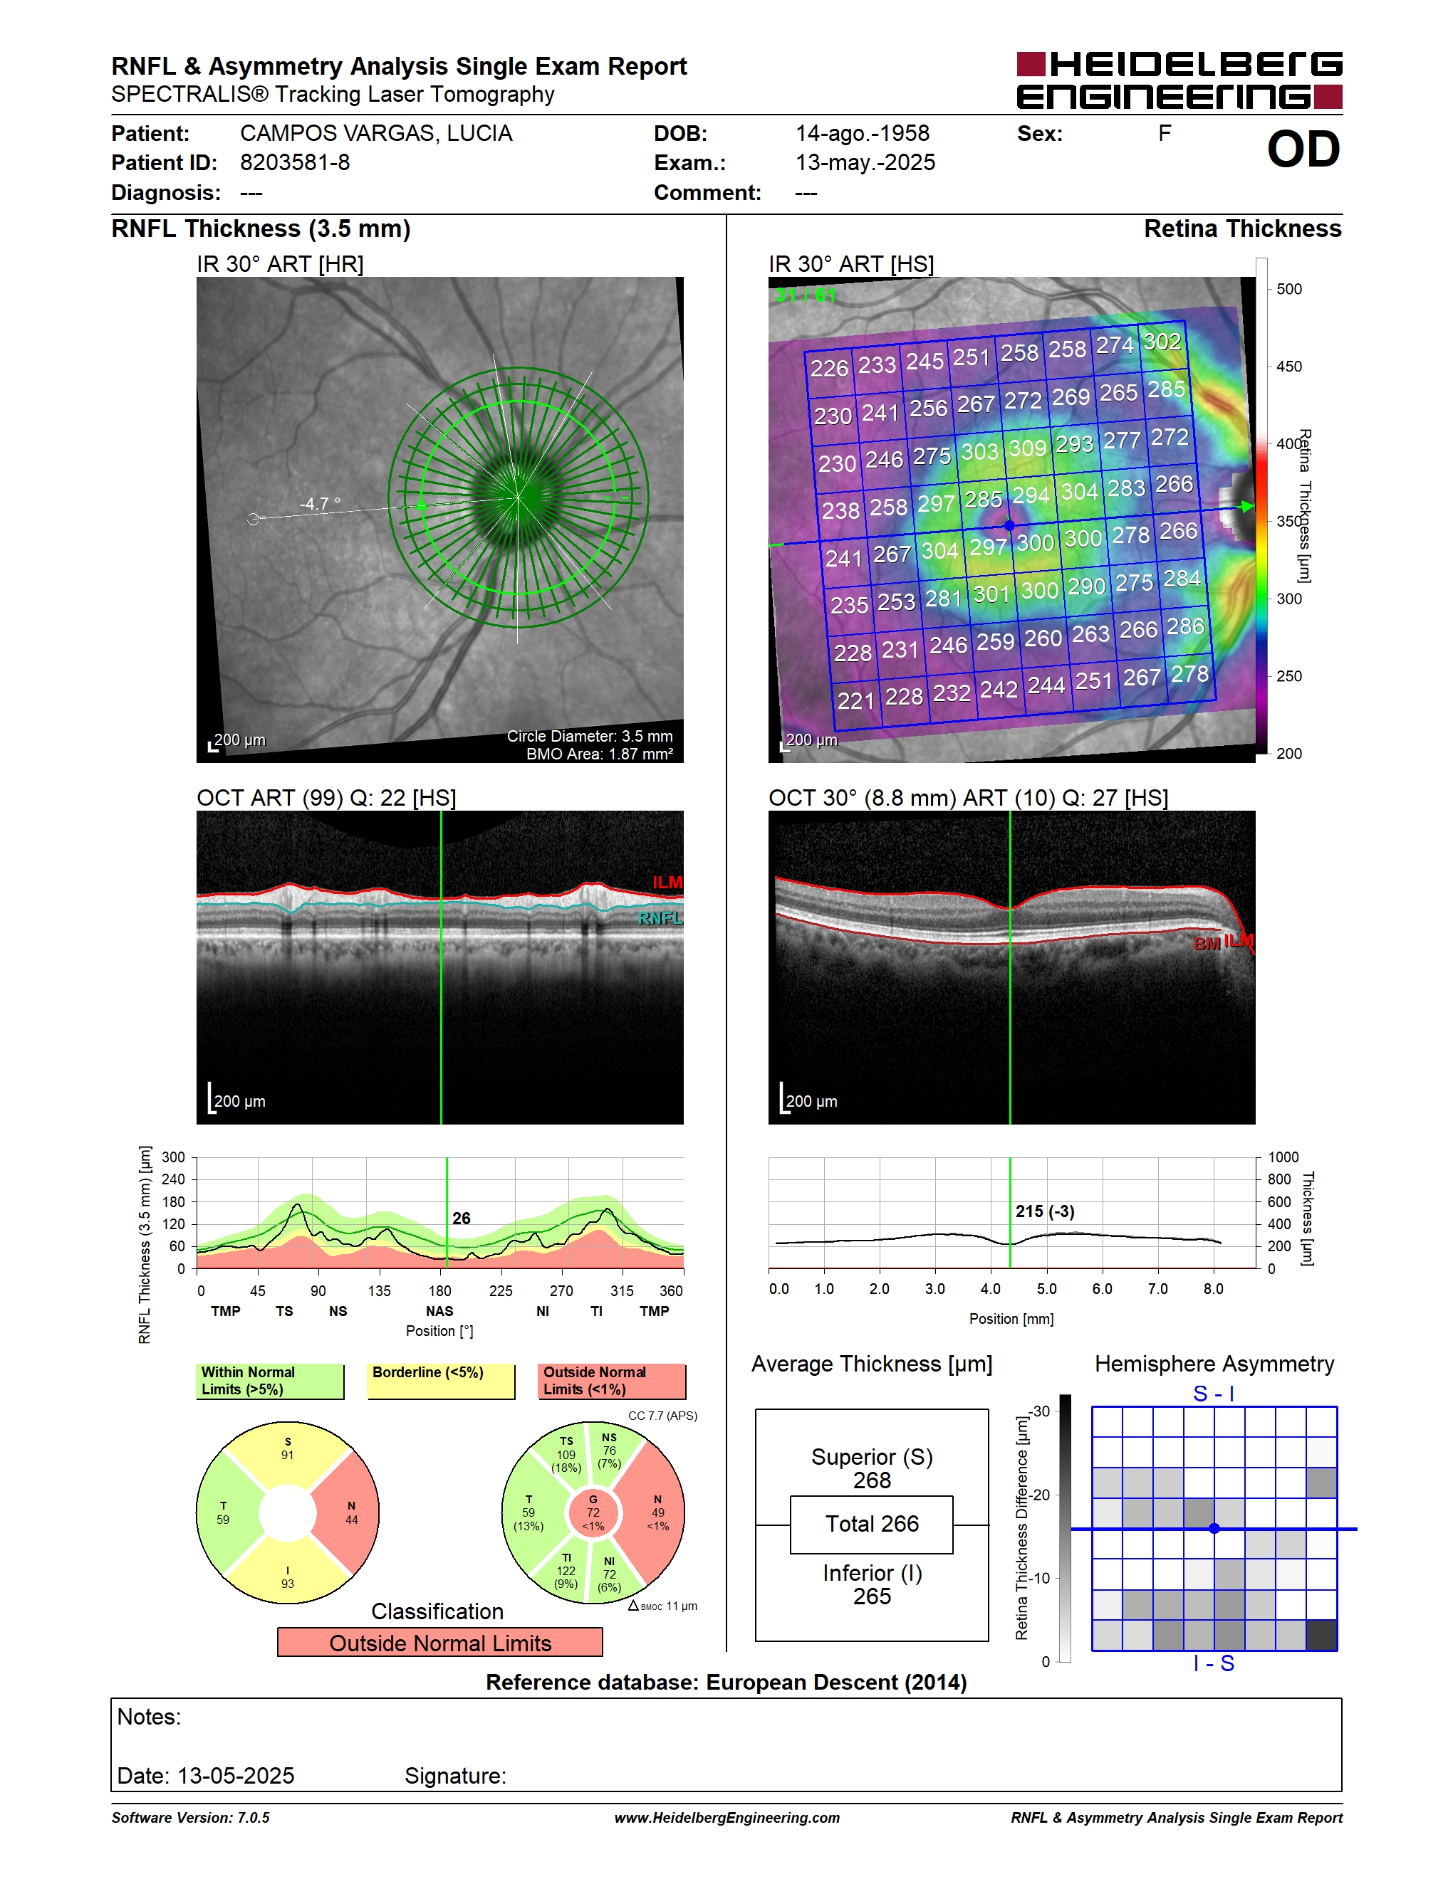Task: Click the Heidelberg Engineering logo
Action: (x=1179, y=80)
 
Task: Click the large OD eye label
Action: (x=1303, y=149)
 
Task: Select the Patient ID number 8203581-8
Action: (x=294, y=162)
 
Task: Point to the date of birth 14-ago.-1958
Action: (x=862, y=133)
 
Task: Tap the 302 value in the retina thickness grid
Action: (x=1162, y=342)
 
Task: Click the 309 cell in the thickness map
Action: (x=1027, y=448)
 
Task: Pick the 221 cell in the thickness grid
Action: (x=855, y=700)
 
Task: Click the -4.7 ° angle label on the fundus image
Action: (x=319, y=503)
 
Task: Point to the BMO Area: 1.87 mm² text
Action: (x=599, y=754)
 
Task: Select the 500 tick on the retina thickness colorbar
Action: (x=1288, y=289)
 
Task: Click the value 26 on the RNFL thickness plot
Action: (x=462, y=1219)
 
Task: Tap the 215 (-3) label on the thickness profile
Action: (x=1044, y=1211)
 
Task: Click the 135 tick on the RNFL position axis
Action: (x=379, y=1290)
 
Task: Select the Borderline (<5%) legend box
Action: (x=441, y=1381)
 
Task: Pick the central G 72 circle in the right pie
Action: (x=593, y=1512)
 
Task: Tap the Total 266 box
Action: (x=872, y=1525)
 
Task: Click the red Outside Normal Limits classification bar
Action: (x=440, y=1643)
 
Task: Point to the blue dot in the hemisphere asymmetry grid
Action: (x=1214, y=1529)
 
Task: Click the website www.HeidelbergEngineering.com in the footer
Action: (x=727, y=1818)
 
